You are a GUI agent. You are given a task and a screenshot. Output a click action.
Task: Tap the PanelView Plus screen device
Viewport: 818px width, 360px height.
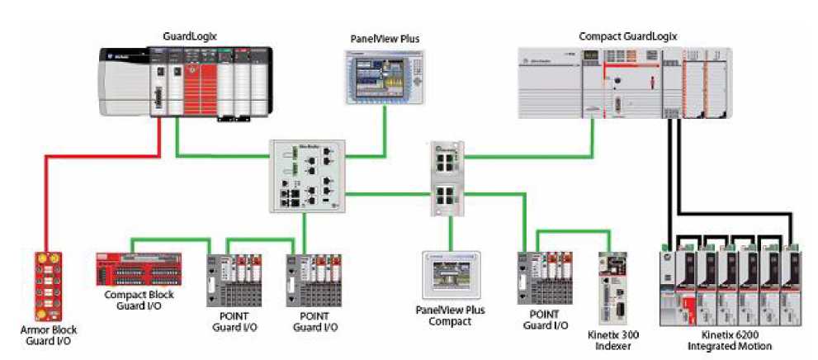[x=383, y=76]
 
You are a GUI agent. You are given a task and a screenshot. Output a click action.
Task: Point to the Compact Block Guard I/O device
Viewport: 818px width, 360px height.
[x=135, y=269]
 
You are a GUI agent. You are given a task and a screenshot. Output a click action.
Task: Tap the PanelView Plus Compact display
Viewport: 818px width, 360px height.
[x=450, y=275]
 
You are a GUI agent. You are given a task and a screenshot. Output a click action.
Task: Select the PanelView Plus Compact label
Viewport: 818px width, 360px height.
[x=450, y=315]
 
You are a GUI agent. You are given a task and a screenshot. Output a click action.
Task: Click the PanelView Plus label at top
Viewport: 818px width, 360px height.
[x=384, y=38]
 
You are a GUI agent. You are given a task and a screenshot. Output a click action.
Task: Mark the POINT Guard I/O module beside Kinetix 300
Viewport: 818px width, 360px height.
[x=544, y=277]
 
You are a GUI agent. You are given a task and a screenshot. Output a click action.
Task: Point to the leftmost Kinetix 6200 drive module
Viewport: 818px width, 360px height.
[x=672, y=285]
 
